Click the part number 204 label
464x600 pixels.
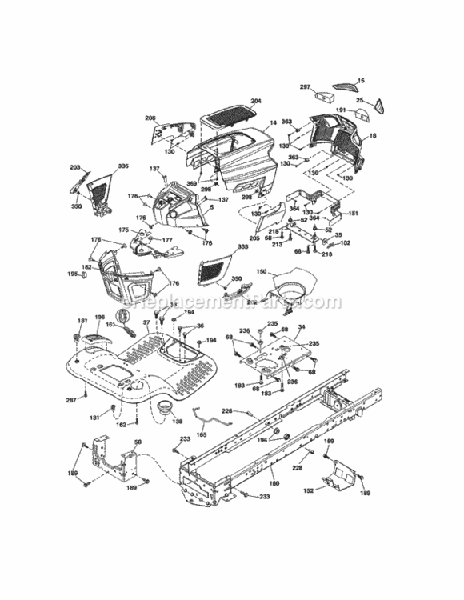click(x=256, y=102)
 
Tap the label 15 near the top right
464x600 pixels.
click(x=360, y=81)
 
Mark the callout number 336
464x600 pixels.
click(x=122, y=166)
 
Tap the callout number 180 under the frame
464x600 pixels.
click(x=274, y=483)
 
